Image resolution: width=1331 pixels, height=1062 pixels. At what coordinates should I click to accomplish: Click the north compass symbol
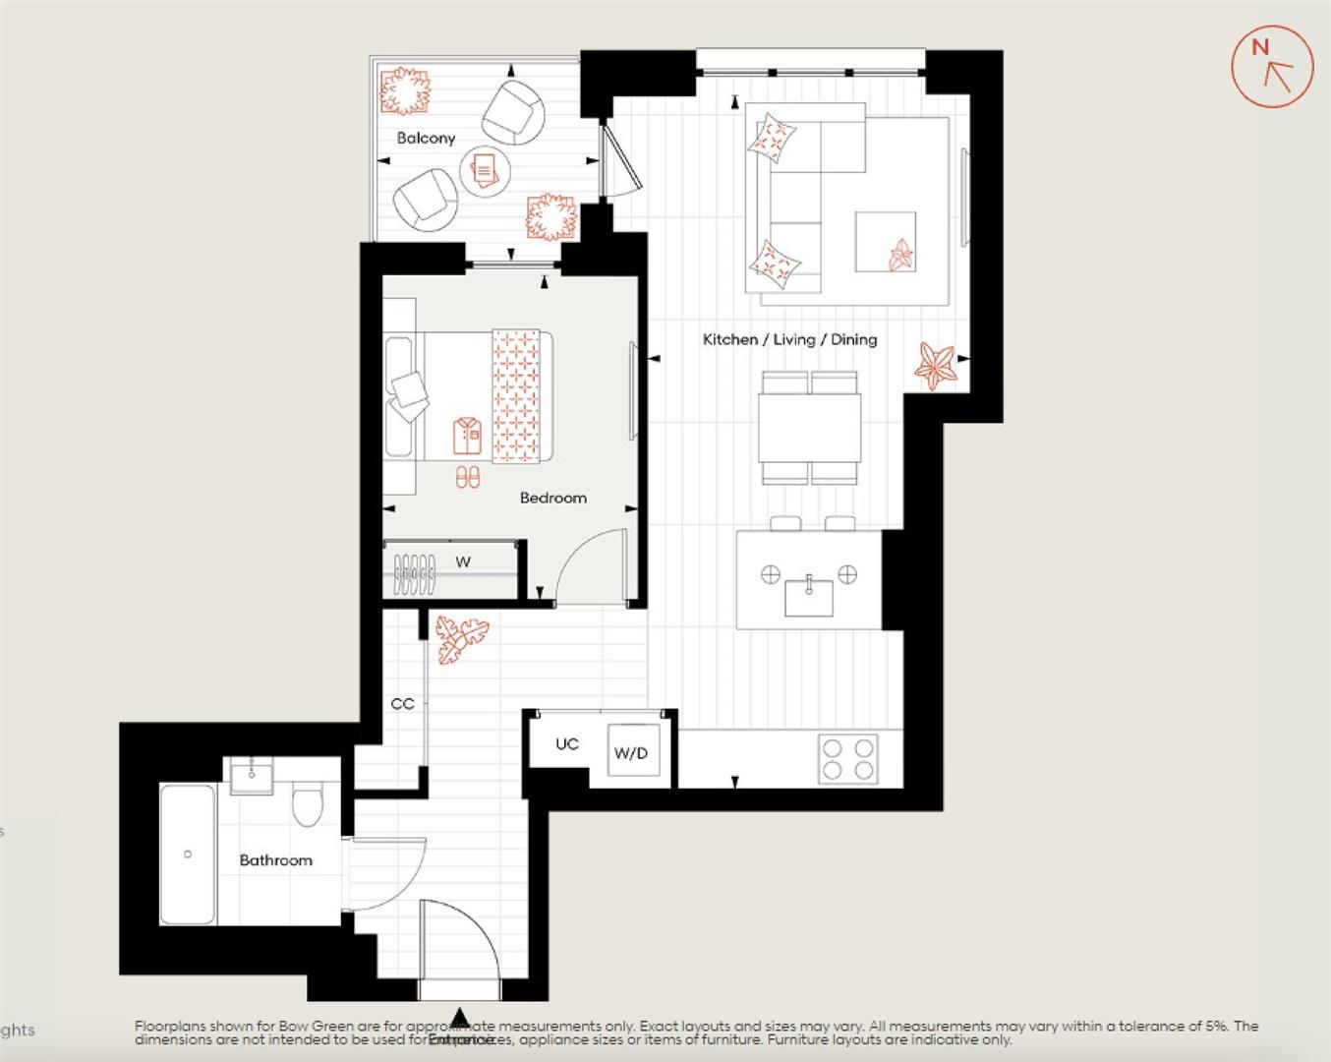point(1272,67)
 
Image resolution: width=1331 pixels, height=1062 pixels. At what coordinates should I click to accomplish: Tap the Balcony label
point(426,138)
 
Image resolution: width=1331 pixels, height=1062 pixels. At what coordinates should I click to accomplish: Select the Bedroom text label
point(552,498)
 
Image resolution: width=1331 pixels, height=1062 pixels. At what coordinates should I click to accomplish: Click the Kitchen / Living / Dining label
point(789,339)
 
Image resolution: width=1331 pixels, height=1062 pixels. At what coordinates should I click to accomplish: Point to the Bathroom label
point(275,860)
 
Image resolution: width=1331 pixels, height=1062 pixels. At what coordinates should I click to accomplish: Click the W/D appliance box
point(632,752)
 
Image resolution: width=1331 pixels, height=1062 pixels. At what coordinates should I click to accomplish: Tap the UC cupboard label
point(566,744)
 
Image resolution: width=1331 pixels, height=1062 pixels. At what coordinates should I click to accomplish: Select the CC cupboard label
point(402,704)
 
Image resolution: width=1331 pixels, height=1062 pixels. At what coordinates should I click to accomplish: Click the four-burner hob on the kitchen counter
point(847,759)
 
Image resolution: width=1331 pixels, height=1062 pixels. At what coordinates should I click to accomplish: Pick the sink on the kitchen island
point(809,595)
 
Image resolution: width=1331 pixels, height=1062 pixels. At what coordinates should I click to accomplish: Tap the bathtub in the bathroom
point(188,854)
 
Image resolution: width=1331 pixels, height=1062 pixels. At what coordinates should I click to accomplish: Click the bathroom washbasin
point(254,774)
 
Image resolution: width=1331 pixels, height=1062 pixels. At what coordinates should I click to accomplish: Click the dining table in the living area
point(809,428)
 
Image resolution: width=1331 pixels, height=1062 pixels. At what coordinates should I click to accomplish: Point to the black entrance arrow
point(459,1018)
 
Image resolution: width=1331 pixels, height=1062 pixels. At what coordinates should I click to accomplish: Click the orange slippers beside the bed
point(469,478)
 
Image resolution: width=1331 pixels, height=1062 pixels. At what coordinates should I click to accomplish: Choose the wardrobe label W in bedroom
point(463,562)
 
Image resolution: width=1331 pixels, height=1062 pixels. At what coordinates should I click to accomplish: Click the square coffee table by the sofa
point(885,241)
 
